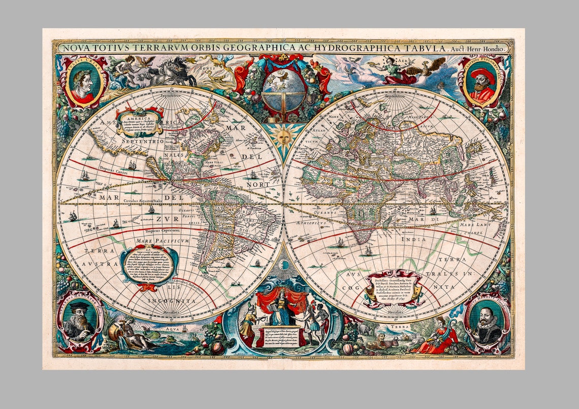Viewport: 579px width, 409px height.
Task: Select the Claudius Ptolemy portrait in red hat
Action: [x=481, y=81]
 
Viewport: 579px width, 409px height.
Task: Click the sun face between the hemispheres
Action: [x=283, y=137]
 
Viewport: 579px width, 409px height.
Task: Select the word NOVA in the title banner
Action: [x=72, y=48]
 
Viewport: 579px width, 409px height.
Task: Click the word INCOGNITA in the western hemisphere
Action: [x=172, y=301]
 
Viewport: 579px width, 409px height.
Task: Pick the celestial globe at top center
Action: [x=283, y=89]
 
